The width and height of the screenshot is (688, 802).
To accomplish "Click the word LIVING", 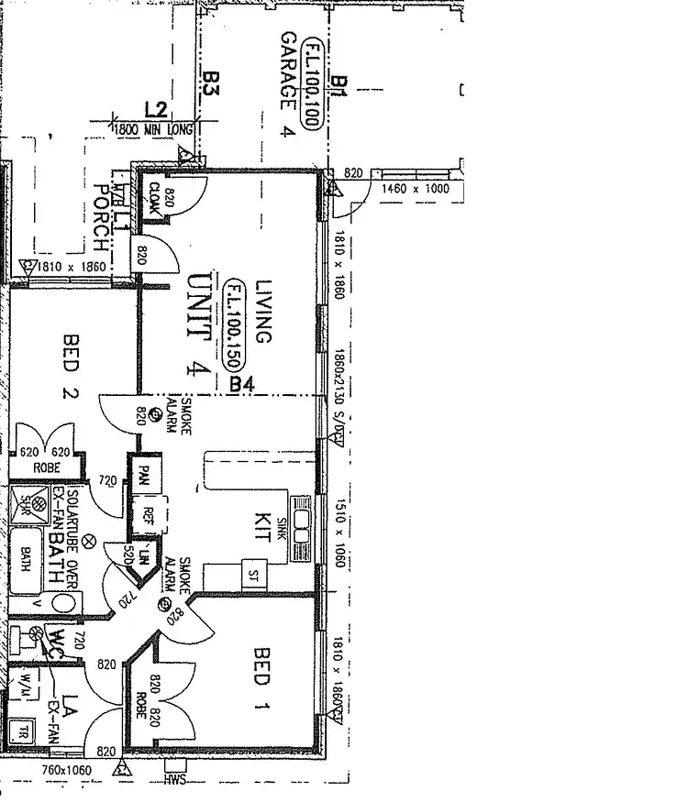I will [264, 312].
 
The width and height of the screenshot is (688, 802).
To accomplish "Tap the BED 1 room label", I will [261, 667].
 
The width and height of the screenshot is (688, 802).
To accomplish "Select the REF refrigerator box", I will [147, 515].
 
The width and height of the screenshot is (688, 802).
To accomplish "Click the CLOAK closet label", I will [155, 197].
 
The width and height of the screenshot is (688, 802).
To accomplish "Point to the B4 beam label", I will [241, 386].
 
